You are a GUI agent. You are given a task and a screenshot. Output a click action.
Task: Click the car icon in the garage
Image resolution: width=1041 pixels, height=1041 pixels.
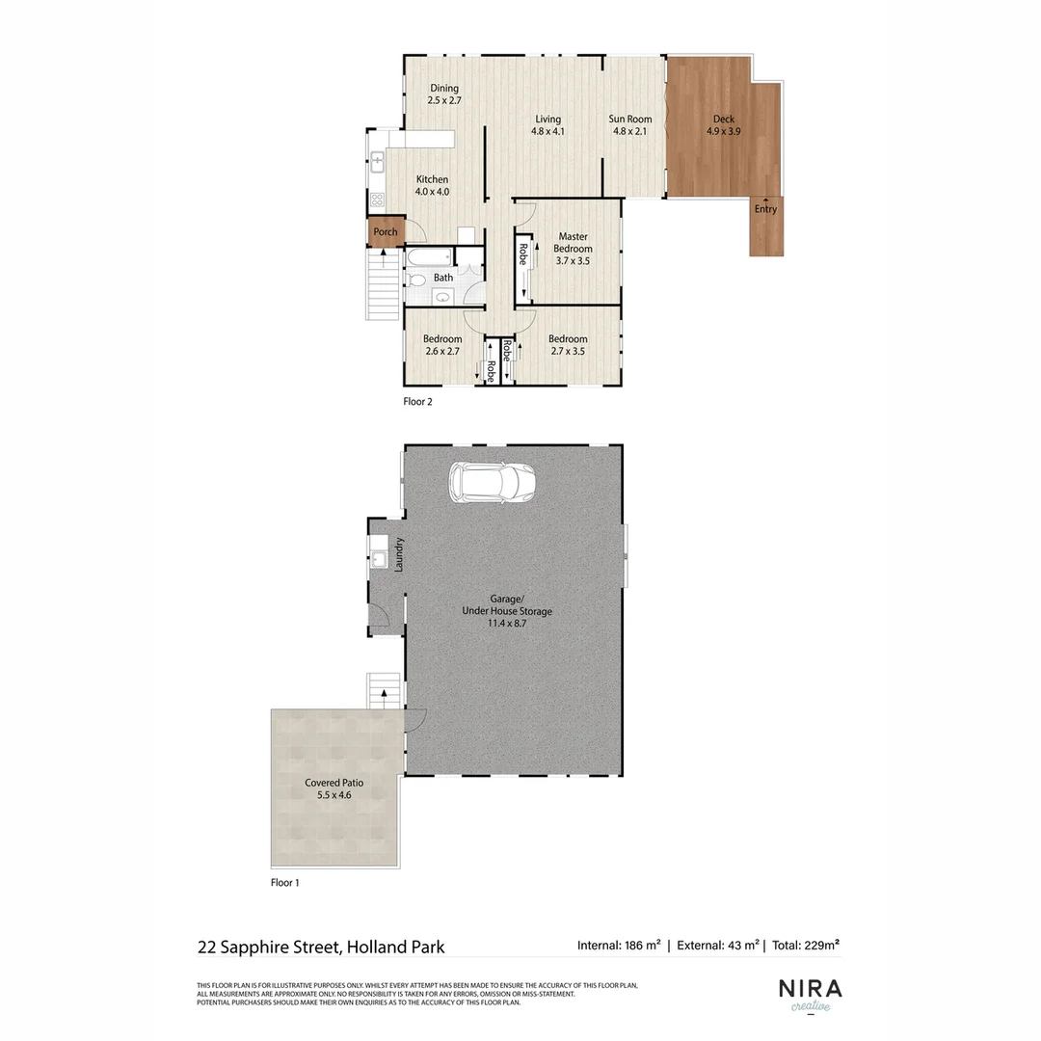(x=492, y=483)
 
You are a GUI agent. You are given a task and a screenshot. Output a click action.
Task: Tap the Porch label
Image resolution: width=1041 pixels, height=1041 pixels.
(x=386, y=232)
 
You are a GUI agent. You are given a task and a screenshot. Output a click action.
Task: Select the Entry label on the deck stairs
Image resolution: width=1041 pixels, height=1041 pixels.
(x=765, y=209)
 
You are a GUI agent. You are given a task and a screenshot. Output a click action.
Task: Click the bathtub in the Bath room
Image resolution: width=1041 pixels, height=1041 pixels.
(x=425, y=258)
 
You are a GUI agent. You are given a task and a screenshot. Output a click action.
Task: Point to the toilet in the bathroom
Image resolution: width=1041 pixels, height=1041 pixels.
(x=415, y=280)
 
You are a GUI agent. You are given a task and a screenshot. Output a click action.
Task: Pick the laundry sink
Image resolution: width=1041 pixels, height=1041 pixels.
(x=380, y=558)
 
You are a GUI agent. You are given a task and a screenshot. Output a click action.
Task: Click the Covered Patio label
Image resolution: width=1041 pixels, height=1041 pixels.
(x=334, y=784)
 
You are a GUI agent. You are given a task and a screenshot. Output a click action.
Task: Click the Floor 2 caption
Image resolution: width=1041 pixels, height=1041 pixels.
(x=417, y=402)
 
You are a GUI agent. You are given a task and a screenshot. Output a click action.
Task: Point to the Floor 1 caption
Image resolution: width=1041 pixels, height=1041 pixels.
(x=285, y=882)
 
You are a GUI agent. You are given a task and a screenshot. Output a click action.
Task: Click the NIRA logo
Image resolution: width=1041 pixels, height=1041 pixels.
(x=810, y=990)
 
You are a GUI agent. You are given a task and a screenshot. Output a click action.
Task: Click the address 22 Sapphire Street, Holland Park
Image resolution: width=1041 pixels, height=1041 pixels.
(x=321, y=947)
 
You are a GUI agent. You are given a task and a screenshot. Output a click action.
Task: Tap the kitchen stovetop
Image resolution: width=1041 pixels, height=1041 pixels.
(x=378, y=200)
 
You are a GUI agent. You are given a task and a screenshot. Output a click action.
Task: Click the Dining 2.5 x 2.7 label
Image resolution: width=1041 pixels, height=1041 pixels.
(x=444, y=93)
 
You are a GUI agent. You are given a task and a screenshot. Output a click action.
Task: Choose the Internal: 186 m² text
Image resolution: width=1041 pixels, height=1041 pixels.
(x=618, y=946)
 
